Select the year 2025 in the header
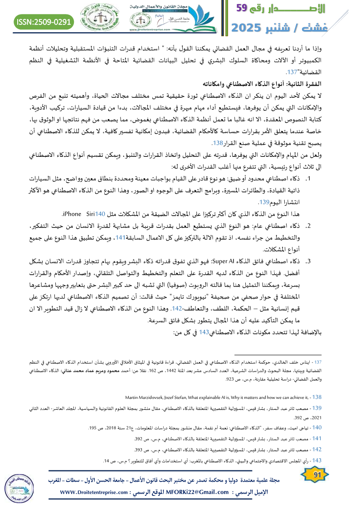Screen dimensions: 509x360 coord(249,27)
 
